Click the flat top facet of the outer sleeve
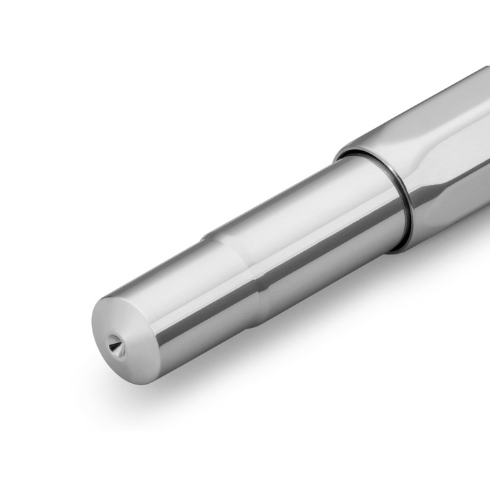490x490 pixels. pos(422,116)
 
